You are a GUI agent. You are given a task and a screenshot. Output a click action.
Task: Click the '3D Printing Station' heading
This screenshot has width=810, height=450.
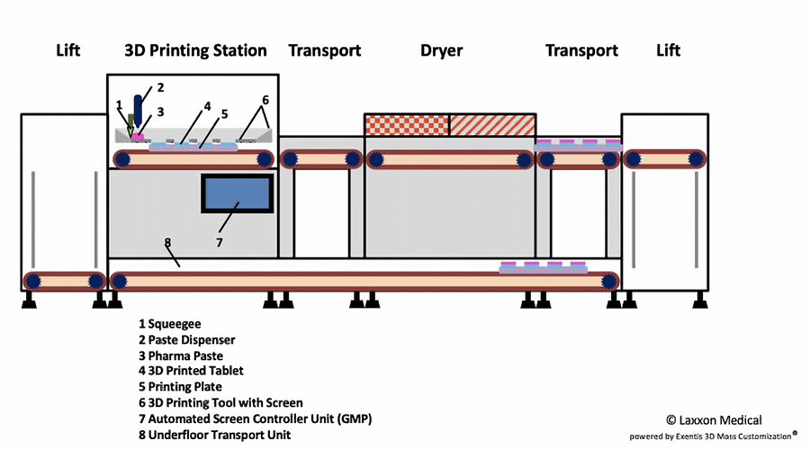click(195, 50)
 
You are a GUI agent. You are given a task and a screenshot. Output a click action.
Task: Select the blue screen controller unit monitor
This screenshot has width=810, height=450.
click(237, 193)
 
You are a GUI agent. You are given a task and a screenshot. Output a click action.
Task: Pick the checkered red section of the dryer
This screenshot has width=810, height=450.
click(406, 125)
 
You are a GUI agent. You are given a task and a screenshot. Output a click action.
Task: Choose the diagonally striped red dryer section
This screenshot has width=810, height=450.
click(491, 125)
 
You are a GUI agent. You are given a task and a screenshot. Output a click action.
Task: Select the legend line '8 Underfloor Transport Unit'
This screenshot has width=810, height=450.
click(214, 435)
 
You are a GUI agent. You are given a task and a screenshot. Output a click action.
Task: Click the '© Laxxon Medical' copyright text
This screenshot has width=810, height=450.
click(714, 419)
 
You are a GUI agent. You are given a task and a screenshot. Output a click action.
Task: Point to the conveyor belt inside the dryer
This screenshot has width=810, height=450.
click(449, 159)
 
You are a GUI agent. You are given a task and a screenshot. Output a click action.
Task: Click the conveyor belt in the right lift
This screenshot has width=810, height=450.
click(667, 159)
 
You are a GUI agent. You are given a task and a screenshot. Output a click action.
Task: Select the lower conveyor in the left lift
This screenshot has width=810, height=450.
click(64, 280)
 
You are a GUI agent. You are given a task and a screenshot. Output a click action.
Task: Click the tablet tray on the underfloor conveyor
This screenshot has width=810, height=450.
click(544, 267)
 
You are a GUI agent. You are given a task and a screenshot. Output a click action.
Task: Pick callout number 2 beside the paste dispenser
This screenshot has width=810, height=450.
click(160, 87)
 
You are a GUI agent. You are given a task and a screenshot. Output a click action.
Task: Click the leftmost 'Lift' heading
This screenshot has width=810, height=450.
click(67, 50)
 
